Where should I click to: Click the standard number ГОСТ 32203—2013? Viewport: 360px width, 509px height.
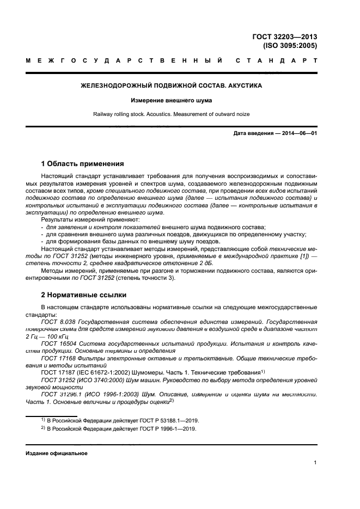[292, 37]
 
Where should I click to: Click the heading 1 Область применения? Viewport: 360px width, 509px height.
[83, 163]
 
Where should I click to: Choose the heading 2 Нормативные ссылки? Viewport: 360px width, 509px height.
[84, 295]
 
